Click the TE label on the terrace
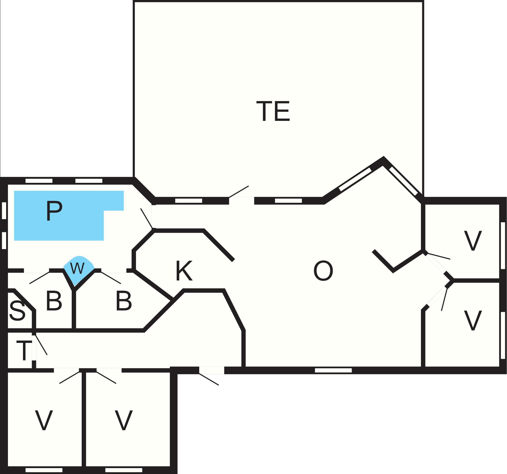point(273,111)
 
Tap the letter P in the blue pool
point(54,211)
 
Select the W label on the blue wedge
point(77,268)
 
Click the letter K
point(184,271)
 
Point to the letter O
point(323,271)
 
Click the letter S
point(17,311)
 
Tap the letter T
point(24,350)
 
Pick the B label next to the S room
point(54,301)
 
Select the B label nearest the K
point(124,301)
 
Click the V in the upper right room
point(473,241)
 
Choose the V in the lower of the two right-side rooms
point(473,321)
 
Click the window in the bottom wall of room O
point(333,370)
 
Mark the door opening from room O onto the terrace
point(241,201)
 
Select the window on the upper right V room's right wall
point(503,246)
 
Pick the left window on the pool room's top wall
point(39,181)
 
